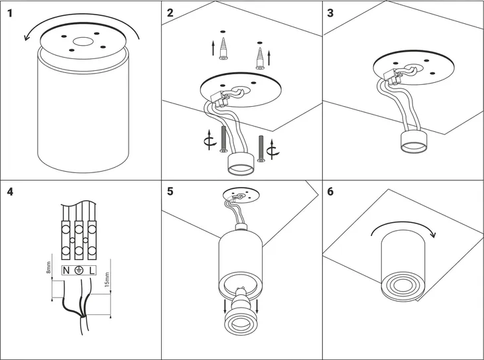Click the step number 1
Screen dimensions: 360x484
click(x=10, y=13)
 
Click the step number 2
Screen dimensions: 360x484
click(x=171, y=13)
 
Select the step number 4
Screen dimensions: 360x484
click(x=10, y=192)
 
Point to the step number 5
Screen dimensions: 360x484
click(x=171, y=192)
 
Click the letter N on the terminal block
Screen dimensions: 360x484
click(x=66, y=270)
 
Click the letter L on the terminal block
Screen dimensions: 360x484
click(x=91, y=270)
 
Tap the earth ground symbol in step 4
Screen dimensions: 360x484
click(x=79, y=270)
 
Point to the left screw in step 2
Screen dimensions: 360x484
click(x=223, y=141)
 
